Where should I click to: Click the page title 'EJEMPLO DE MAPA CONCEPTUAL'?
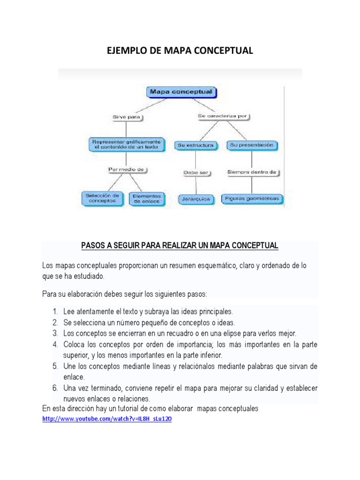[x=180, y=51]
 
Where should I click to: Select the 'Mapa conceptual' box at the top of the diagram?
[x=181, y=92]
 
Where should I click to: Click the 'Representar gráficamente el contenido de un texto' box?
[x=127, y=144]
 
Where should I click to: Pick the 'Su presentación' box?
[x=252, y=145]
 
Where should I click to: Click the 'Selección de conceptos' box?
[x=102, y=198]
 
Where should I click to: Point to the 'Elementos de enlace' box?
[x=147, y=198]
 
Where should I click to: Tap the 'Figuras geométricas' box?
[x=252, y=199]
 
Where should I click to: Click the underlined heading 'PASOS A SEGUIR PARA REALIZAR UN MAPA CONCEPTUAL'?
[x=180, y=246]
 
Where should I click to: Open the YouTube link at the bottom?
[x=106, y=419]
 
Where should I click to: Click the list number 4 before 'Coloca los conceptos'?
[x=55, y=345]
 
